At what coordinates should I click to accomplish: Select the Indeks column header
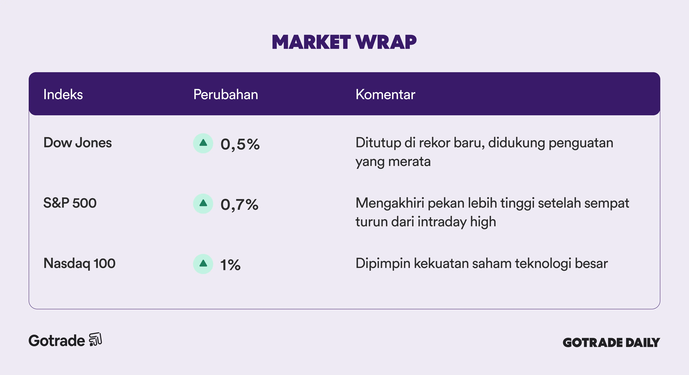click(63, 94)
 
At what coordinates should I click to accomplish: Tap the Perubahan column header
click(226, 94)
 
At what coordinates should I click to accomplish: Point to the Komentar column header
click(385, 94)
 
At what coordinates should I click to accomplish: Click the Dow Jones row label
click(78, 143)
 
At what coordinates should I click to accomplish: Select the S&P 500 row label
click(70, 203)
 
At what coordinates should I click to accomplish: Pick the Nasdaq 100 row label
click(79, 263)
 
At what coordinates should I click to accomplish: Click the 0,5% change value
click(240, 145)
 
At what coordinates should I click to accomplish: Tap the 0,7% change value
click(239, 205)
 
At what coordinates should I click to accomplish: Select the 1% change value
click(230, 265)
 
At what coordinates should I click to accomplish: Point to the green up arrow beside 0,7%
click(203, 203)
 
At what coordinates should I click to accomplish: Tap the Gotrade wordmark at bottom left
click(57, 341)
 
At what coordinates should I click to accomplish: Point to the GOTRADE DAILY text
click(611, 343)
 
